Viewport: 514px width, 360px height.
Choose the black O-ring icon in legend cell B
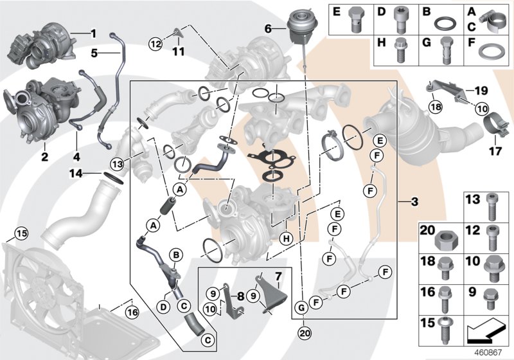[x=443, y=24]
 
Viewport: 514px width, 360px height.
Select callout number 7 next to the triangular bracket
[x=278, y=276]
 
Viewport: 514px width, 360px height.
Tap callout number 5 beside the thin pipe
[x=94, y=53]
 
